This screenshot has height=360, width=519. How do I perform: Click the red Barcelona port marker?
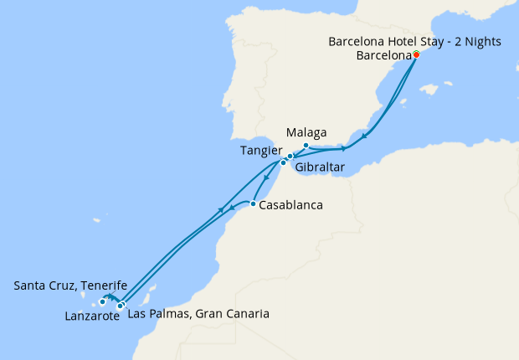pyautogui.click(x=416, y=54)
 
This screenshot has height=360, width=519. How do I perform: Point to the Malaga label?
pyautogui.click(x=306, y=132)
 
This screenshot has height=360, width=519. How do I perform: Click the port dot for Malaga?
pyautogui.click(x=306, y=146)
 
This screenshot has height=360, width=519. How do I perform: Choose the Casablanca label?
pyautogui.click(x=291, y=204)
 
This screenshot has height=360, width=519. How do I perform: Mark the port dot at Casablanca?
pyautogui.click(x=253, y=203)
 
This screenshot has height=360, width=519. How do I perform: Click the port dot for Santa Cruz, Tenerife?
pyautogui.click(x=102, y=302)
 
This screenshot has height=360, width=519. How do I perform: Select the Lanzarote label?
pyautogui.click(x=91, y=316)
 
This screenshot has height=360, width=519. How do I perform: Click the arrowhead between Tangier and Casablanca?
pyautogui.click(x=267, y=177)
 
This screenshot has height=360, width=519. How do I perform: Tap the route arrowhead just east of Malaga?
pyautogui.click(x=344, y=149)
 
